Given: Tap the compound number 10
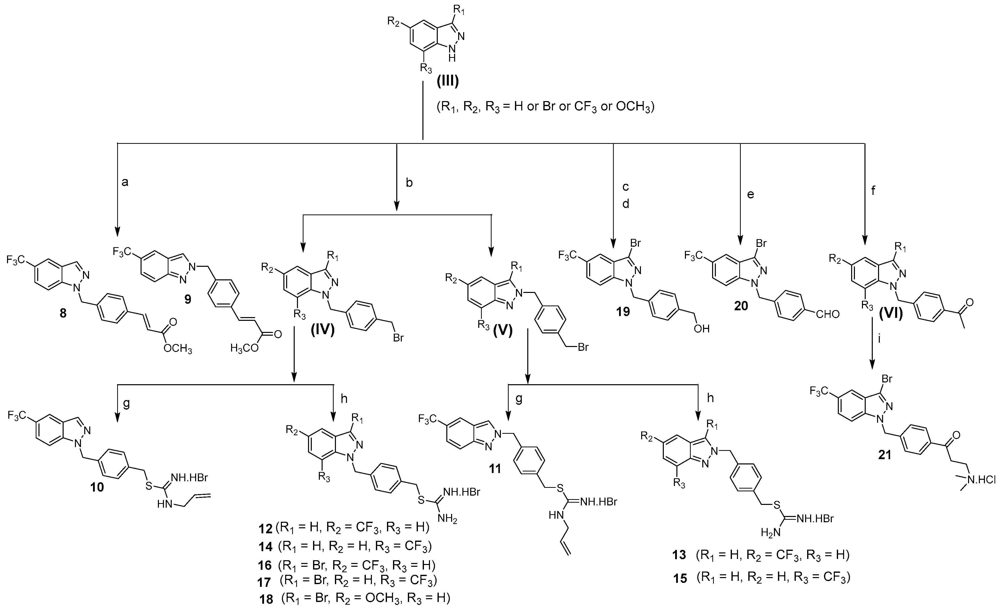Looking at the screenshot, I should pos(97,487).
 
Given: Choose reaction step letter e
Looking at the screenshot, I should pos(750,195).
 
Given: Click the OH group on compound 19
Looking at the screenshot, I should pos(702,329).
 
